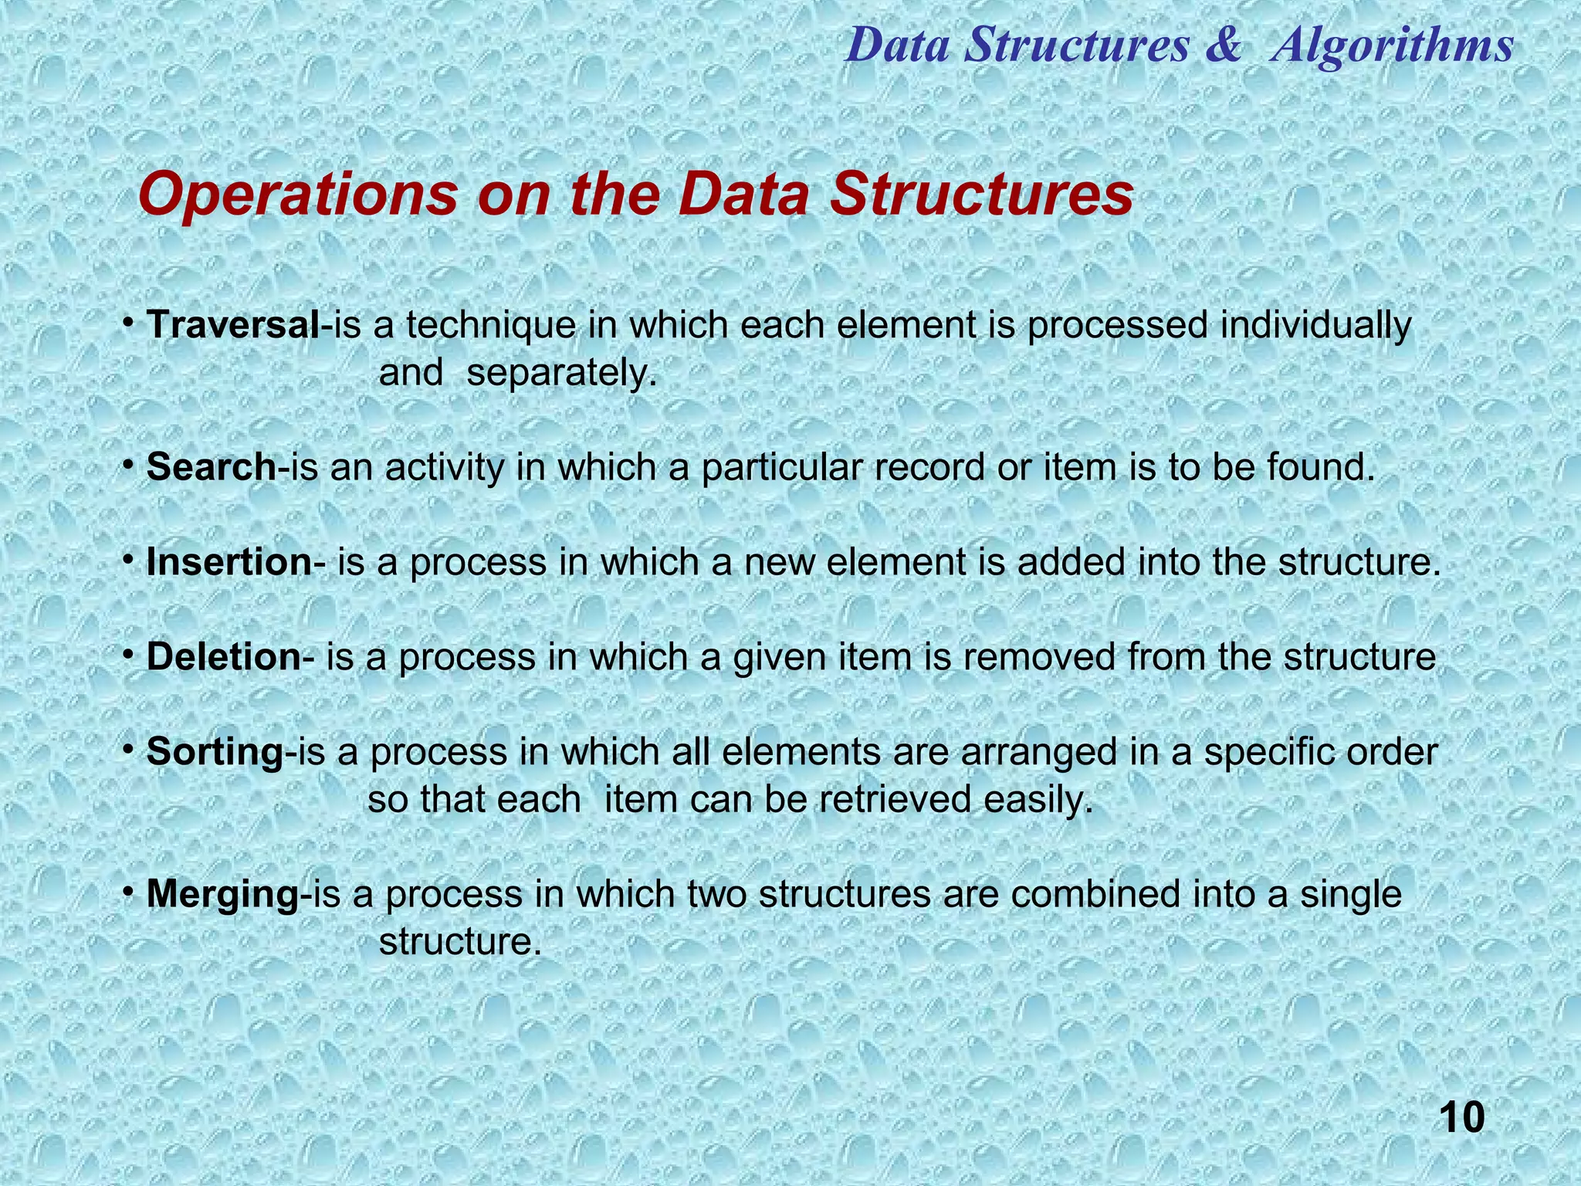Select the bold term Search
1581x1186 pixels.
pyautogui.click(x=211, y=468)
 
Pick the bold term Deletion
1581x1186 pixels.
pyautogui.click(x=223, y=658)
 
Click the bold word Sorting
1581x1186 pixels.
pyautogui.click(x=215, y=752)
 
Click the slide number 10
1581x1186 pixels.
pyautogui.click(x=1461, y=1118)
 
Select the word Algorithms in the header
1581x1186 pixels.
pyautogui.click(x=1392, y=45)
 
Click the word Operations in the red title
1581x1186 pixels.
pyautogui.click(x=298, y=195)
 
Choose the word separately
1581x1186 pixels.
pyautogui.click(x=562, y=374)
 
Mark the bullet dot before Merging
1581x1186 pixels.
pyautogui.click(x=130, y=893)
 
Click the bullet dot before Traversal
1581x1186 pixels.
pyautogui.click(x=130, y=324)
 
